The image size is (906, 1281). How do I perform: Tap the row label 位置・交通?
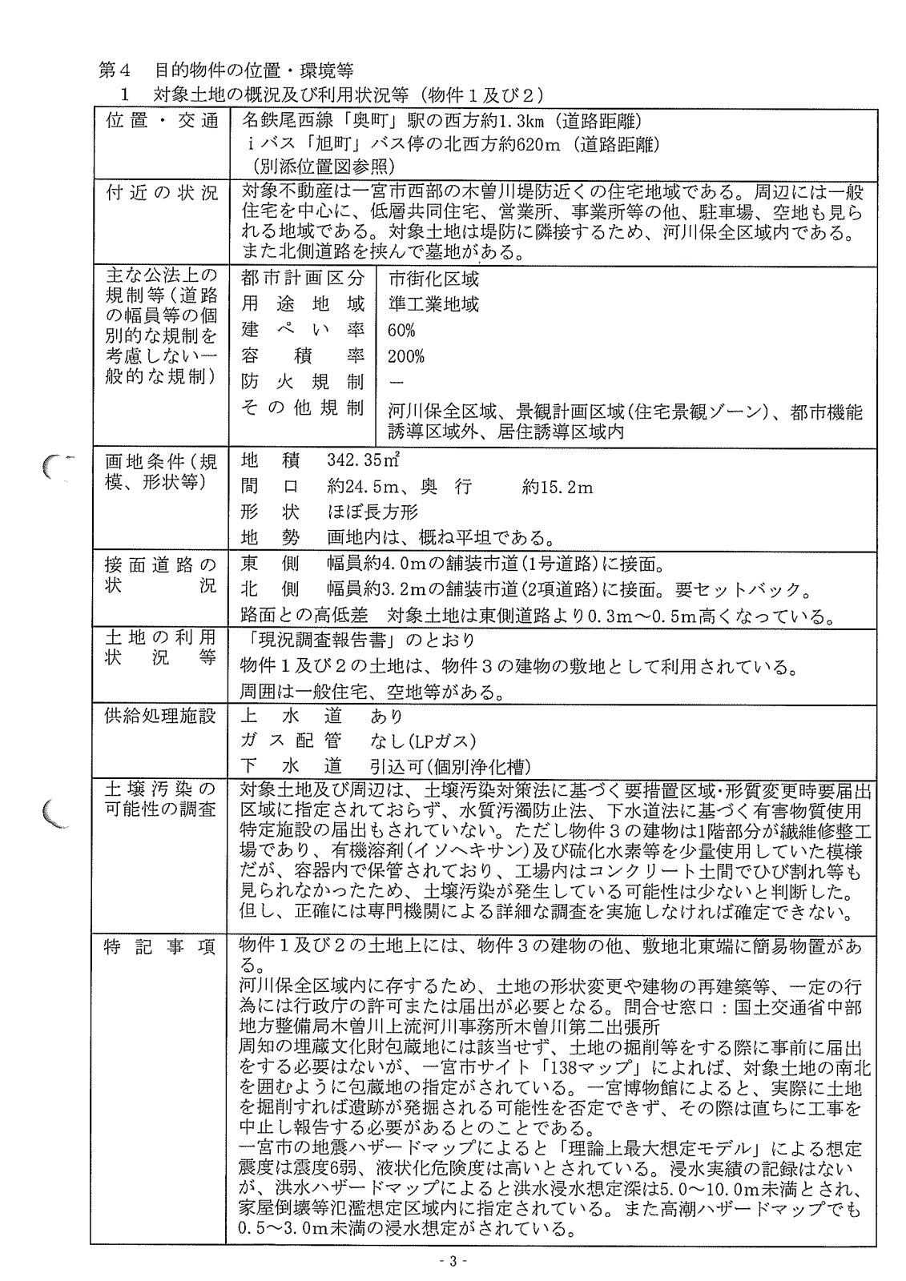161,122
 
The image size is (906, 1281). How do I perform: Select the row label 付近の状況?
161,193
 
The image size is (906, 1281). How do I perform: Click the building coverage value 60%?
401,331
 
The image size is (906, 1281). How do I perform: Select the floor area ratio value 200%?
405,356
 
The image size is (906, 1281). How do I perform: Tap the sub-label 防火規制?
303,382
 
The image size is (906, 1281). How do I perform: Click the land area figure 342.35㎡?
363,461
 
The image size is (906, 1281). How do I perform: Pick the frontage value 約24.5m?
360,487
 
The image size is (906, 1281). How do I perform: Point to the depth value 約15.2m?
558,487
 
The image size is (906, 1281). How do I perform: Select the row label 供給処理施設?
161,715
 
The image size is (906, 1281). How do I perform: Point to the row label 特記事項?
161,947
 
